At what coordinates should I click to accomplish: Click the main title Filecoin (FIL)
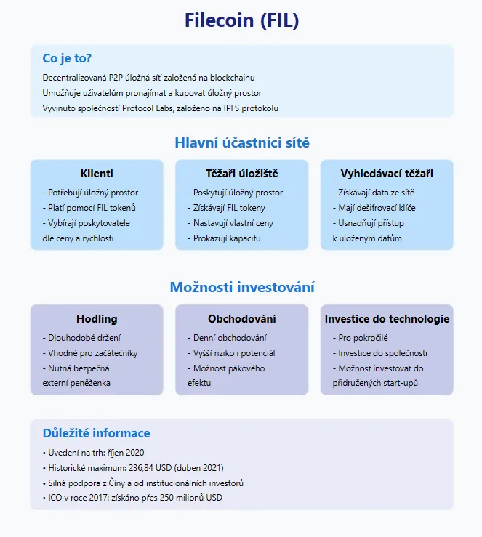[x=241, y=20]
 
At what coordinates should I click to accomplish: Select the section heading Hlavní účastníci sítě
[x=241, y=142]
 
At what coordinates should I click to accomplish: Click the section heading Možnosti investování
[x=241, y=287]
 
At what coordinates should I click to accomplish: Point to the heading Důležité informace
[x=96, y=433]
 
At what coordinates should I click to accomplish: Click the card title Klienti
[x=97, y=174]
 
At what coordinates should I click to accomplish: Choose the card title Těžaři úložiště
[x=241, y=174]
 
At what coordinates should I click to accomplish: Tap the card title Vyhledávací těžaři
[x=387, y=174]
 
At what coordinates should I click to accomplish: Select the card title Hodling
[x=97, y=319]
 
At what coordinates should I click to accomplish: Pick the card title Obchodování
[x=241, y=319]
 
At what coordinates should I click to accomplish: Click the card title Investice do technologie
[x=387, y=319]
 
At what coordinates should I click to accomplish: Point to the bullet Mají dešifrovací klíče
[x=376, y=208]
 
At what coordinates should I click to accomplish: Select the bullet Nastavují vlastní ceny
[x=233, y=223]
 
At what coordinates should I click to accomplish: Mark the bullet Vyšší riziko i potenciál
[x=234, y=353]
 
